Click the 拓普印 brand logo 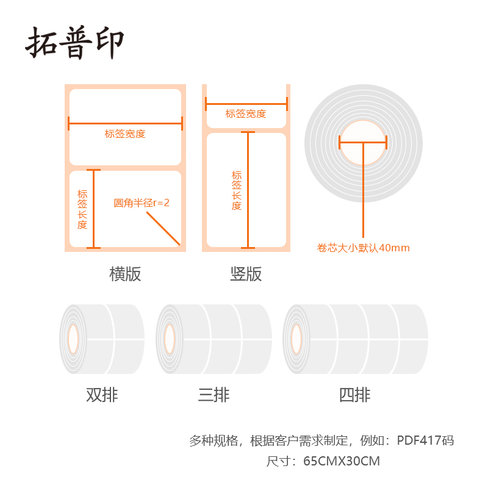[74, 43]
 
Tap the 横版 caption [125, 274]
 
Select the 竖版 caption [246, 274]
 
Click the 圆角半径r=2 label [142, 203]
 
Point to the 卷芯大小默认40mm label [363, 248]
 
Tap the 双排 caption [102, 395]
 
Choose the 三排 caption [214, 395]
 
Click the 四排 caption [355, 395]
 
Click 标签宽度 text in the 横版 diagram [125, 134]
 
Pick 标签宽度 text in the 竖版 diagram [246, 113]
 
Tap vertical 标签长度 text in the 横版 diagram [82, 209]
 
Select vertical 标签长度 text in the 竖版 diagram [237, 190]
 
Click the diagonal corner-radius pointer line [163, 228]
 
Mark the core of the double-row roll [73, 339]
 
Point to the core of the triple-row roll [170, 339]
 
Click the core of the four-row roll [296, 339]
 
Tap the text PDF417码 [425, 440]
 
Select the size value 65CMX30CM [342, 461]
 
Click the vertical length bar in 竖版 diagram [248, 190]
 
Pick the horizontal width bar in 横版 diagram [125, 124]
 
